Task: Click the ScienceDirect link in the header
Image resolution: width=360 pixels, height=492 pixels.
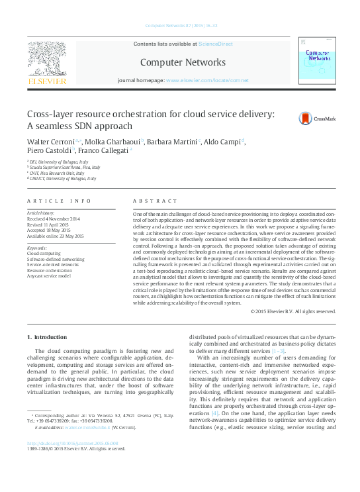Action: [x=216, y=43]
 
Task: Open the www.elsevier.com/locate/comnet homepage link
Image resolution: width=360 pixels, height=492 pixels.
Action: [x=207, y=80]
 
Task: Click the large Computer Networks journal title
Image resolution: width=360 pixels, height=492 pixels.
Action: [x=183, y=62]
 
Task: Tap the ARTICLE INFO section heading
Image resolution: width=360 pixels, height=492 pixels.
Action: [x=59, y=200]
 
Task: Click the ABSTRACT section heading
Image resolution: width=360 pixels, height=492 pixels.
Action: [x=155, y=200]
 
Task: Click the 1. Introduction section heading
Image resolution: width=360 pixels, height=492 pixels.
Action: [x=50, y=337]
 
